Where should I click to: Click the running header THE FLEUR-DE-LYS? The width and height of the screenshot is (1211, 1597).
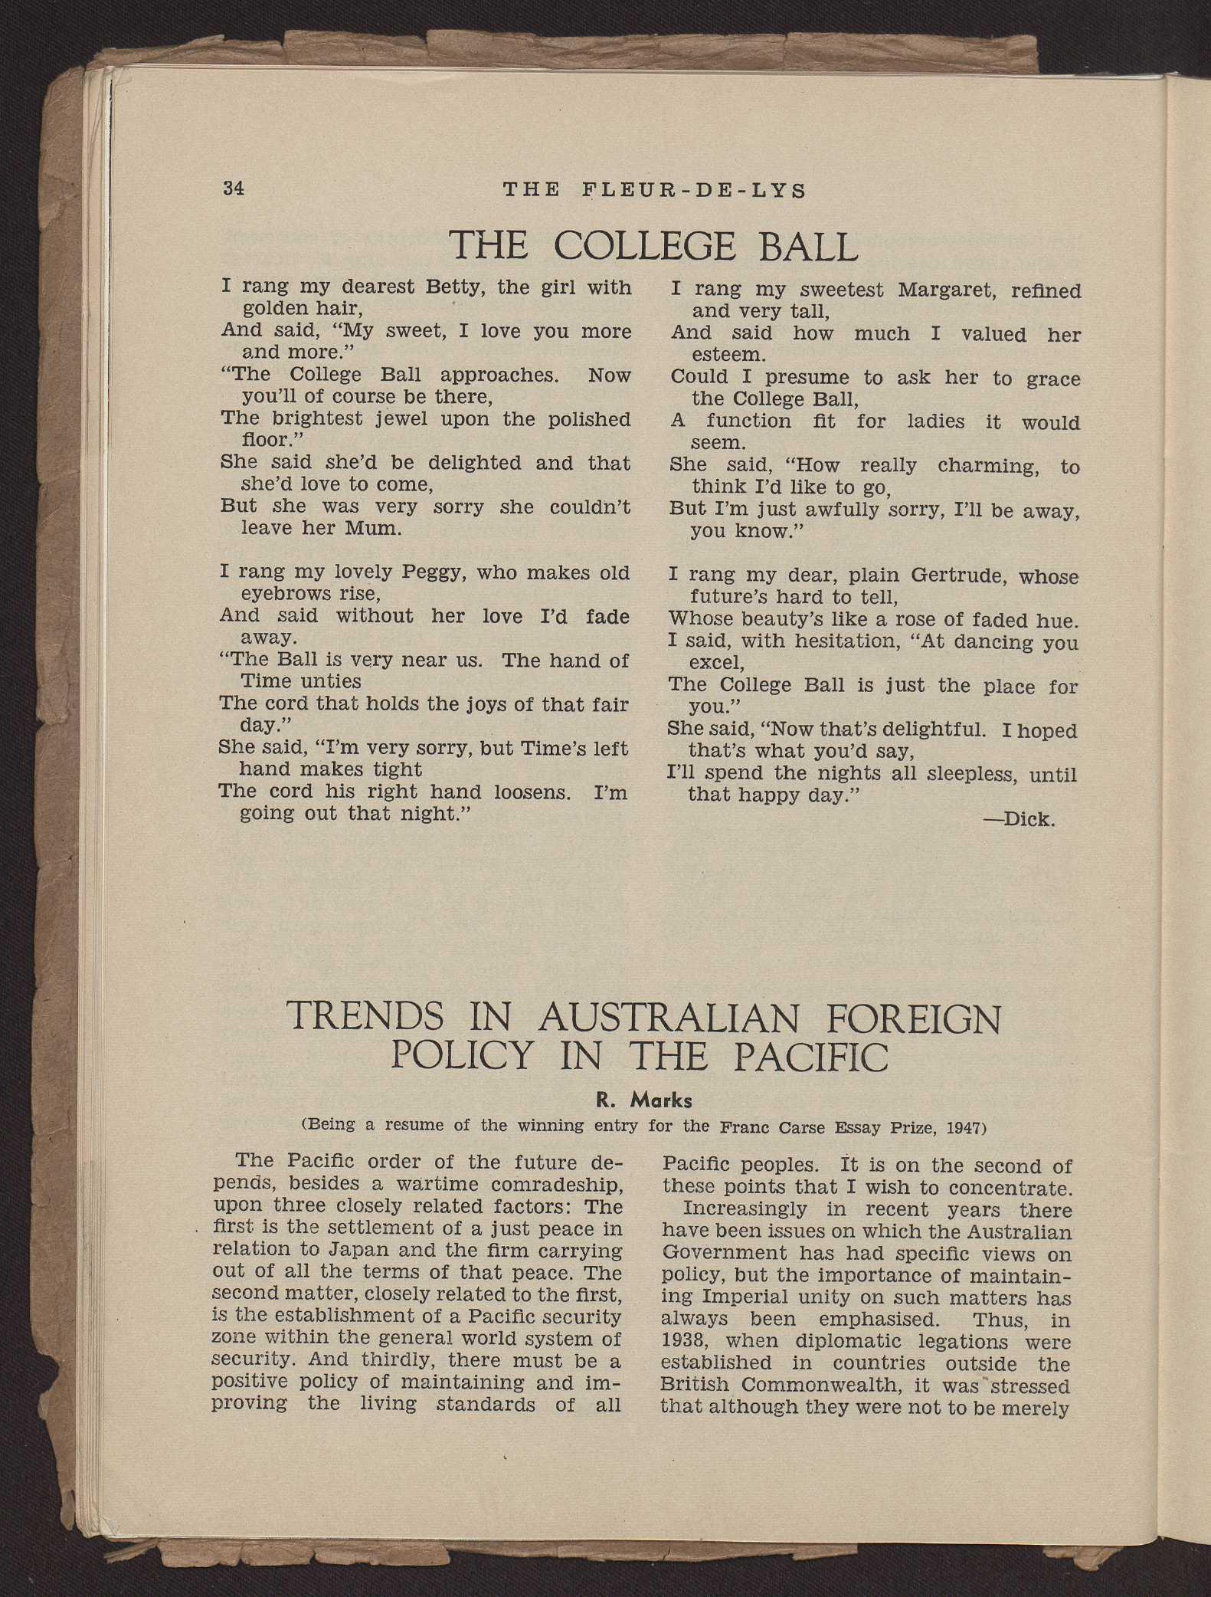[654, 190]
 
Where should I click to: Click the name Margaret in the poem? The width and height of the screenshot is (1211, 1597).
[946, 290]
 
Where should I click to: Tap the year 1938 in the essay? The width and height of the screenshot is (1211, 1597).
[686, 1341]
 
